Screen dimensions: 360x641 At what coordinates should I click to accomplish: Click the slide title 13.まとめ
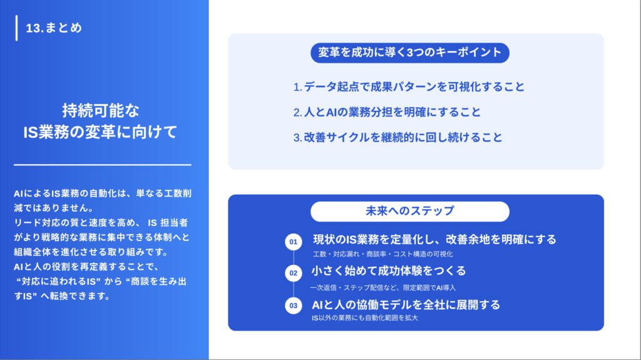pyautogui.click(x=54, y=28)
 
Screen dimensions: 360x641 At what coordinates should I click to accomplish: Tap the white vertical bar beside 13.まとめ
pyautogui.click(x=16, y=28)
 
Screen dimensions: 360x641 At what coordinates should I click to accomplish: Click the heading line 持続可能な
pyautogui.click(x=101, y=111)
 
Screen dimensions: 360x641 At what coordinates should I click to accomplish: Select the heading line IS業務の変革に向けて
pyautogui.click(x=101, y=132)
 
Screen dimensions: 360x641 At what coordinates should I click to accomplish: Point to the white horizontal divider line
pyautogui.click(x=103, y=165)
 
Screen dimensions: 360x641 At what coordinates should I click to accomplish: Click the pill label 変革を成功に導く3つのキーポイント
pyautogui.click(x=410, y=53)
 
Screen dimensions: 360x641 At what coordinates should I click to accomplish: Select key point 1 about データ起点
pyautogui.click(x=409, y=87)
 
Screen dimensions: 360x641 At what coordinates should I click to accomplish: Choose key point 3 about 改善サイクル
pyautogui.click(x=397, y=138)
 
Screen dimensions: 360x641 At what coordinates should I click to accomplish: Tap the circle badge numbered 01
pyautogui.click(x=293, y=242)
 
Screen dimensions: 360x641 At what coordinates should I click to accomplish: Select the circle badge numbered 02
pyautogui.click(x=293, y=274)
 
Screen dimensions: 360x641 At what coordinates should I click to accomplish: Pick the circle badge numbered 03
pyautogui.click(x=293, y=306)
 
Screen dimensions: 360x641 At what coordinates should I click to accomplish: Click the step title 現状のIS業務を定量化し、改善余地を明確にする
pyautogui.click(x=434, y=240)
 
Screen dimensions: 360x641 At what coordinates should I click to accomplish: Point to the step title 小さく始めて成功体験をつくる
pyautogui.click(x=389, y=271)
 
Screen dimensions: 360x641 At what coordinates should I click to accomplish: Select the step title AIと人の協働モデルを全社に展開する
pyautogui.click(x=406, y=305)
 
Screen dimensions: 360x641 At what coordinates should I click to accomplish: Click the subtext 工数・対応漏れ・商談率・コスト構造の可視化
pyautogui.click(x=383, y=254)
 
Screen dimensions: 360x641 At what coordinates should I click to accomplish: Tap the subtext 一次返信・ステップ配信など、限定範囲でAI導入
pyautogui.click(x=383, y=287)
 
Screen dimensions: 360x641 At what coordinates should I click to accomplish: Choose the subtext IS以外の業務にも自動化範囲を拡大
pyautogui.click(x=365, y=318)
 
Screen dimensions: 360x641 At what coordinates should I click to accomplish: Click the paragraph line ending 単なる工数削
pyautogui.click(x=101, y=195)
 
